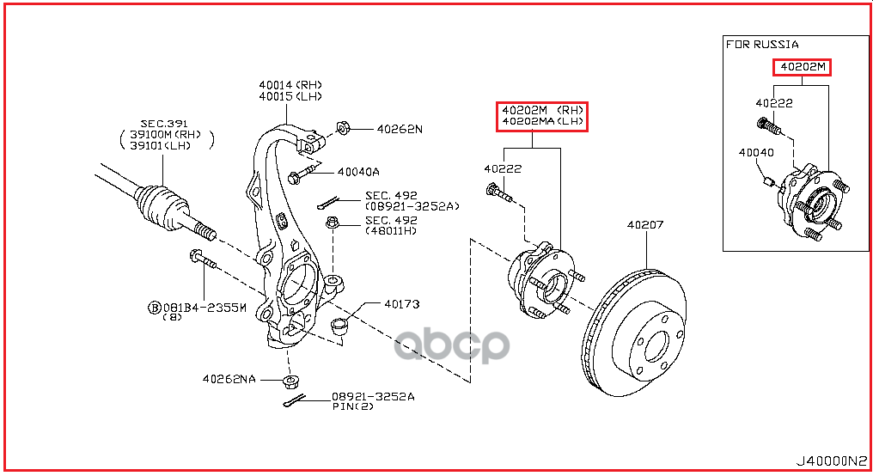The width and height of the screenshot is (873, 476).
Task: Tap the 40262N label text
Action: [x=400, y=129]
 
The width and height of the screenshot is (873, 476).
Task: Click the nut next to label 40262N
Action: [x=341, y=128]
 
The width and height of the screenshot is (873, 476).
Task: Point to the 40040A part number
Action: [x=357, y=171]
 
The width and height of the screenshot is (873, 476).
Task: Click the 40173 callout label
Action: [x=401, y=303]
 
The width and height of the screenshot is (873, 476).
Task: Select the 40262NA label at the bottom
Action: [x=229, y=378]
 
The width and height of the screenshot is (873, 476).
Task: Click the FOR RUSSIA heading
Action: [x=762, y=44]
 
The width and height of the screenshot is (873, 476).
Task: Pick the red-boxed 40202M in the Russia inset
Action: [x=802, y=68]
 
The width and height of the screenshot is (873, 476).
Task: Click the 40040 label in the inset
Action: [x=755, y=153]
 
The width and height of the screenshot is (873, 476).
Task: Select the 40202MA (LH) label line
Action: [x=541, y=122]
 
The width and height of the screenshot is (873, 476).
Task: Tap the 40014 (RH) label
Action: [x=290, y=85]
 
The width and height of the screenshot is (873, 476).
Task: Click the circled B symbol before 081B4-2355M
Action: [x=155, y=307]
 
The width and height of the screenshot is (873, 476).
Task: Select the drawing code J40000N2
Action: [x=833, y=461]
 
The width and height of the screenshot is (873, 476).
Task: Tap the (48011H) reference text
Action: [x=391, y=230]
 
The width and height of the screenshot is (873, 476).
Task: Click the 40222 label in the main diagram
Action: [x=502, y=168]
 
